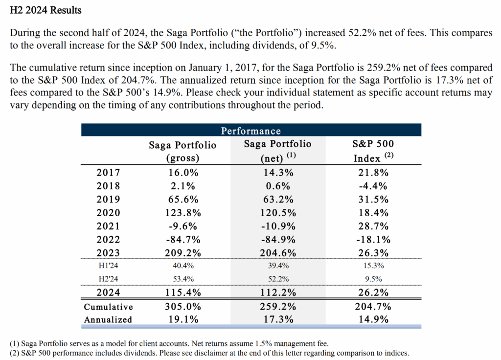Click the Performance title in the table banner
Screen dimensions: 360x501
[x=251, y=131]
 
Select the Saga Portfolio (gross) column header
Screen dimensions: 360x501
[x=182, y=151]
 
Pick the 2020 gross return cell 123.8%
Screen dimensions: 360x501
[x=182, y=213]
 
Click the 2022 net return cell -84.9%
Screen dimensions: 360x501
[x=277, y=240]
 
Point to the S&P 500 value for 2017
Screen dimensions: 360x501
[x=373, y=173]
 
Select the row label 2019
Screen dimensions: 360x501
[x=109, y=200]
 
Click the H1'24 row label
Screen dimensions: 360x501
[x=108, y=266]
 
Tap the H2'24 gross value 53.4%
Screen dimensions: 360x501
[x=182, y=279]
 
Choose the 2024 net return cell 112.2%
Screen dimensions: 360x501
[x=277, y=293]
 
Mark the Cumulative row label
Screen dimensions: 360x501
[x=108, y=307]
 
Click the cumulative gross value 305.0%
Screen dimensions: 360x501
[x=182, y=307]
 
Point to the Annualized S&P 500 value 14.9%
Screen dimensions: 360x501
[x=373, y=319]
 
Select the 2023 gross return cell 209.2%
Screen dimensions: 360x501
[x=182, y=253]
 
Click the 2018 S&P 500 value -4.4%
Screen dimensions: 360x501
[x=373, y=186]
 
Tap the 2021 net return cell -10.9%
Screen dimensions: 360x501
[x=277, y=226]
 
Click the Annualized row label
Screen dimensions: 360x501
[x=108, y=319]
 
